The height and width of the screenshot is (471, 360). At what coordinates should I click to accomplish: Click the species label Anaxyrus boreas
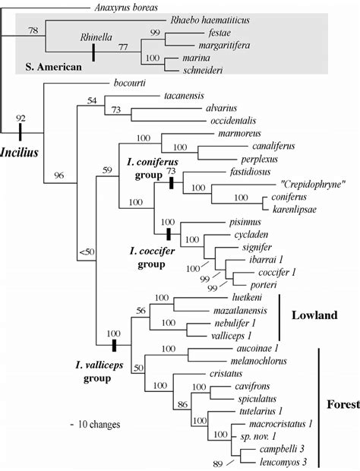click(x=125, y=8)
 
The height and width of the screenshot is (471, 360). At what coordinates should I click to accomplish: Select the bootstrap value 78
click(x=33, y=30)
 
